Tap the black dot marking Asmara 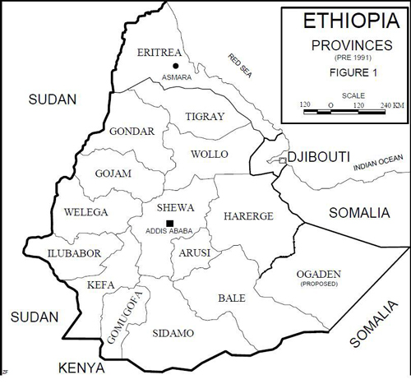(x=175, y=65)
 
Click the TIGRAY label (x=205, y=117)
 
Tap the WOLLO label (x=209, y=155)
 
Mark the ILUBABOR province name (x=74, y=253)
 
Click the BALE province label (x=231, y=298)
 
